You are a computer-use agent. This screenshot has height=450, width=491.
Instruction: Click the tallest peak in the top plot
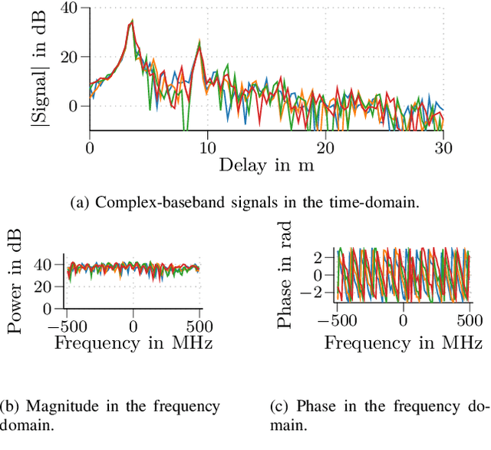(x=131, y=22)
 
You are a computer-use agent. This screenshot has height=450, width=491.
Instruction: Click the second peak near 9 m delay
(x=199, y=45)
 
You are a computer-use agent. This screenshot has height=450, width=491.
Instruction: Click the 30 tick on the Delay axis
(x=443, y=144)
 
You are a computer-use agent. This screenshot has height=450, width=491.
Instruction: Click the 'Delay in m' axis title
(x=267, y=164)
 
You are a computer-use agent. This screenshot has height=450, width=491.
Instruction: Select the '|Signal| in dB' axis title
(x=36, y=69)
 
